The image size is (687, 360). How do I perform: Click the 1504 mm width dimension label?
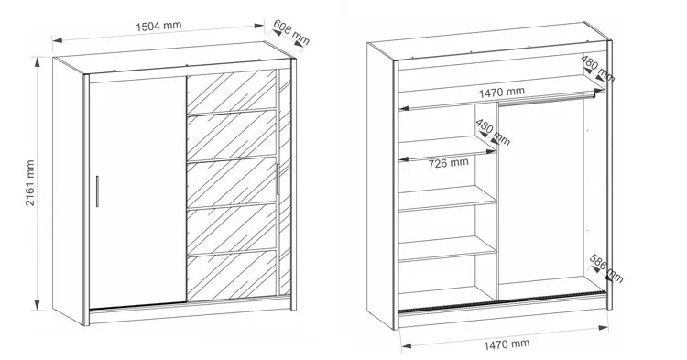pos(158,27)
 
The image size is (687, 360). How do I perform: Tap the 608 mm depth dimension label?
pos(291,33)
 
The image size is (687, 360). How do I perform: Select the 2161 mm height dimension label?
pos(29,183)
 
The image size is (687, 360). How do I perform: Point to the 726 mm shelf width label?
pos(448,163)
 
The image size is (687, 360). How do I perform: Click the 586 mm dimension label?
pos(606,268)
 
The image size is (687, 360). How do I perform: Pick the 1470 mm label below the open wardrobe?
pos(506,344)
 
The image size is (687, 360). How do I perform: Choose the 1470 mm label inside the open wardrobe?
pos(502,93)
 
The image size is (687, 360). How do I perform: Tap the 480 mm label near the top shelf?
pos(598,69)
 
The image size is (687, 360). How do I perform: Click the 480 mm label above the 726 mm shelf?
pos(493,133)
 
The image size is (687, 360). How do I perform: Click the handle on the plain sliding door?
pos(97,191)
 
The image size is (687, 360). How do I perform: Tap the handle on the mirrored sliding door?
pos(278,180)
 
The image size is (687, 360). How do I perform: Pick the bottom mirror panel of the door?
pos(233,276)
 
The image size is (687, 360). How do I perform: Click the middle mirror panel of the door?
pos(233,181)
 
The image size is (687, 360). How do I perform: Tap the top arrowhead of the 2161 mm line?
pos(38,61)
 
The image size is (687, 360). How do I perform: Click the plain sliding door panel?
pos(137,191)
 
